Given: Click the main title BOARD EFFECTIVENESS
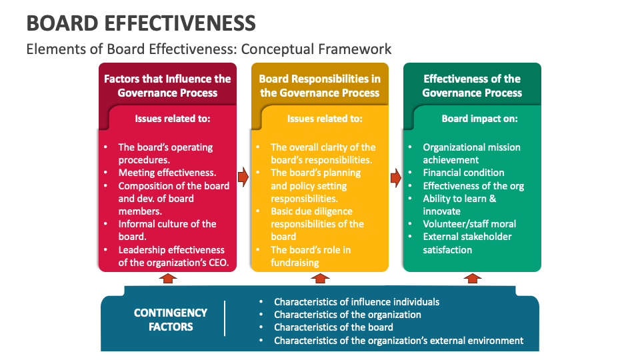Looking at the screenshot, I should [x=141, y=23].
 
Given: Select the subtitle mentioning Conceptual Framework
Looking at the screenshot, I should [x=208, y=49].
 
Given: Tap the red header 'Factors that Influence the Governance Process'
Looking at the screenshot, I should [x=167, y=85].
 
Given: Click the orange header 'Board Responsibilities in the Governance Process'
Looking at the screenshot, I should [x=319, y=85].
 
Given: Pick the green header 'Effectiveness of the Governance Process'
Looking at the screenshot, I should [x=472, y=85].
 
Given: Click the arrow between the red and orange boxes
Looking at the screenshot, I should [x=243, y=177].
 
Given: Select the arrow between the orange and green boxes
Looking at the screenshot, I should [x=395, y=177].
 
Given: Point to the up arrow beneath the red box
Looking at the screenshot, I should [x=168, y=278].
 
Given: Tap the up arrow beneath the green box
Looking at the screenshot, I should [x=473, y=278].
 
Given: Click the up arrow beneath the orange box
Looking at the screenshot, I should [x=320, y=278].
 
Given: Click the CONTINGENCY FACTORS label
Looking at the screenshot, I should [x=171, y=319].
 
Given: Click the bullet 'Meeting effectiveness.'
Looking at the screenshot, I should [x=167, y=173].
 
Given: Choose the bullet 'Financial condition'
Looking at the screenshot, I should [x=463, y=173].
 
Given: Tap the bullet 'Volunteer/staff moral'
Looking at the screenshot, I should [x=469, y=224].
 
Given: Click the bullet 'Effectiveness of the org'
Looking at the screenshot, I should [x=473, y=185].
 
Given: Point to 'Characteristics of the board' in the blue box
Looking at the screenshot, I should [x=333, y=327].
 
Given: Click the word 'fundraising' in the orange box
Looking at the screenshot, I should [x=295, y=263].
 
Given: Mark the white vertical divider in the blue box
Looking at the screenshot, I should [x=225, y=319].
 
